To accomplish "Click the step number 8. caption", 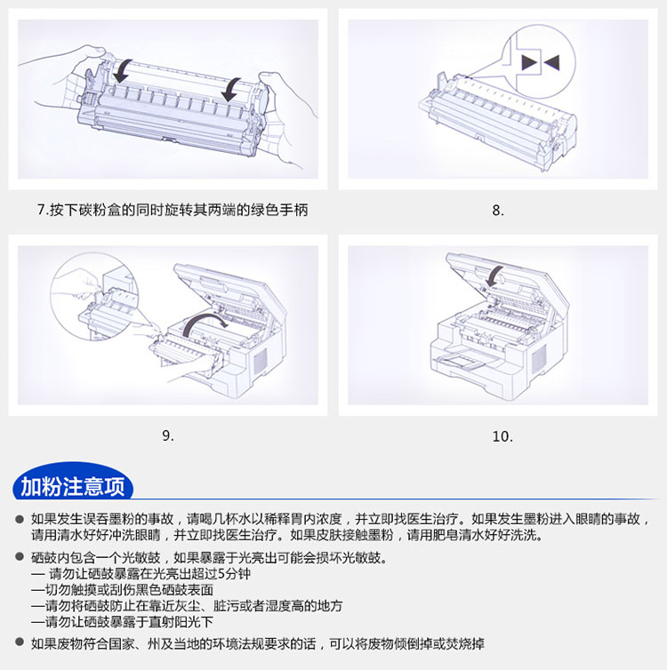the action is click(x=498, y=211).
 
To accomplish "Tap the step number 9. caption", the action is click(x=168, y=435).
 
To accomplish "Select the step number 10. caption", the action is click(x=502, y=436).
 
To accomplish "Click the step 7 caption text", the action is click(x=173, y=210).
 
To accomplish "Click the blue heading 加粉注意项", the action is click(x=73, y=486).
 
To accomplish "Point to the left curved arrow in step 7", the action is click(x=123, y=71).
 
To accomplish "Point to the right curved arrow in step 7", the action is click(x=231, y=90).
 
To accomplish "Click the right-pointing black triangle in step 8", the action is click(x=529, y=63).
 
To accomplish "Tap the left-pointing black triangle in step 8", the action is click(x=551, y=63).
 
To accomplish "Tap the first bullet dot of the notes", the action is click(x=20, y=519).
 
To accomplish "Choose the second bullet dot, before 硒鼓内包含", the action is click(x=20, y=557).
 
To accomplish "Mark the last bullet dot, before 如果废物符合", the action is click(x=20, y=642).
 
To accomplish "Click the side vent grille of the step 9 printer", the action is click(x=261, y=359).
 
